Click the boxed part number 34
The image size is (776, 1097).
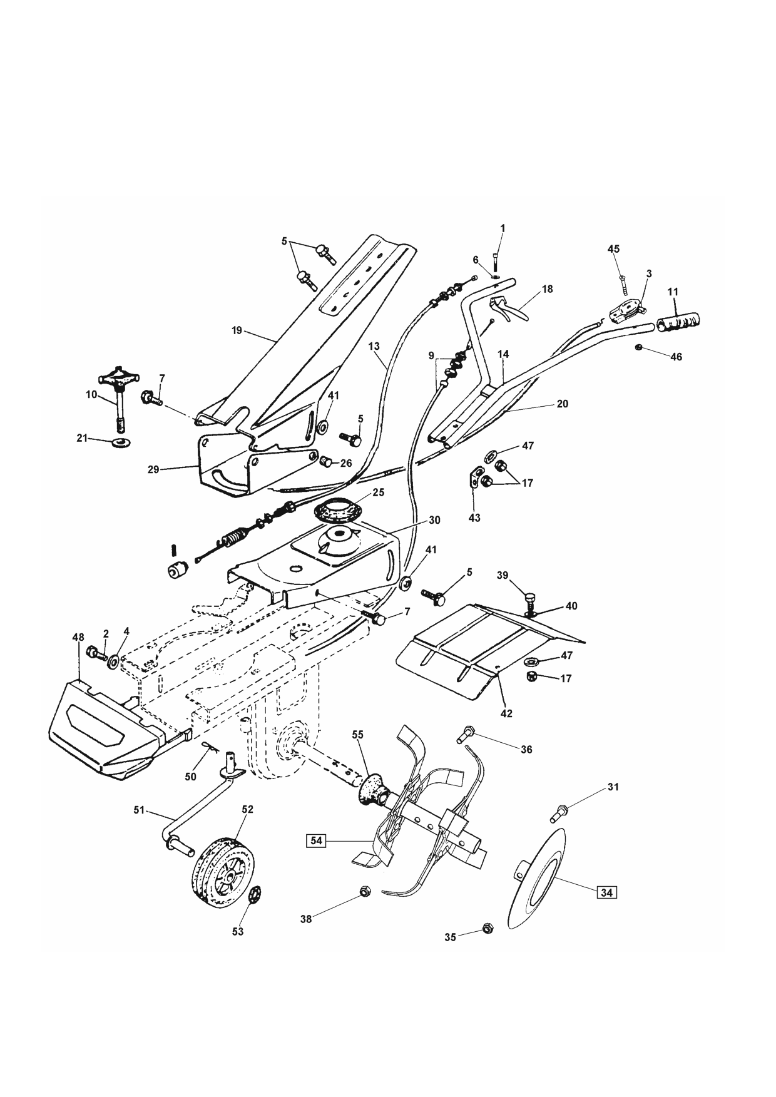[606, 892]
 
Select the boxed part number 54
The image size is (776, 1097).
[317, 840]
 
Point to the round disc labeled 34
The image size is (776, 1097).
[537, 879]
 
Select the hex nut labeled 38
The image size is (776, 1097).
[363, 891]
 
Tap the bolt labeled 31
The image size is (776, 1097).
[559, 814]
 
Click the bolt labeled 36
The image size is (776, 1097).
[466, 734]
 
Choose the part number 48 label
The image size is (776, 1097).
[78, 638]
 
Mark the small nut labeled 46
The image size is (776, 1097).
[638, 347]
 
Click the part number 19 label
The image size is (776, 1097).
[237, 330]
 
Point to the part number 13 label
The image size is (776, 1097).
[374, 346]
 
